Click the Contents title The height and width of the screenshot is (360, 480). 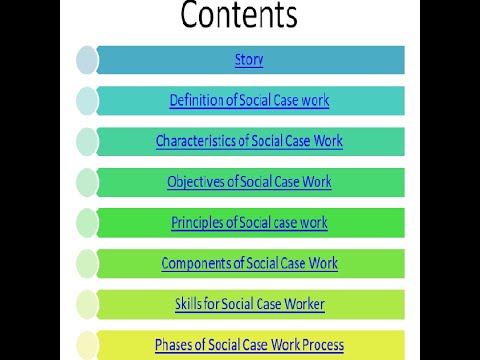pyautogui.click(x=239, y=17)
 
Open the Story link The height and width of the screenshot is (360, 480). pyautogui.click(x=249, y=60)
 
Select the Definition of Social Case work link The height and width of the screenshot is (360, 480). pyautogui.click(x=249, y=101)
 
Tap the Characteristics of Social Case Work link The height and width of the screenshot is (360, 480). pyautogui.click(x=249, y=141)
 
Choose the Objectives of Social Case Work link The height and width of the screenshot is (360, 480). pyautogui.click(x=249, y=182)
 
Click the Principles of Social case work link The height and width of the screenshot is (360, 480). pyautogui.click(x=249, y=222)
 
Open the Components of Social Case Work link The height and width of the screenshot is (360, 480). pyautogui.click(x=249, y=263)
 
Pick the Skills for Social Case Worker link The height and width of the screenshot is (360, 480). pyautogui.click(x=249, y=304)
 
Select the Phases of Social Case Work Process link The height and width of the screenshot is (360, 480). pyautogui.click(x=249, y=345)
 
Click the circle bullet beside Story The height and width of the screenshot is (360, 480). pyautogui.click(x=88, y=60)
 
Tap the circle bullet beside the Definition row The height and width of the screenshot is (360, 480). pyautogui.click(x=88, y=101)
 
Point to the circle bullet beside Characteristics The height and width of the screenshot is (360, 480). pyautogui.click(x=88, y=141)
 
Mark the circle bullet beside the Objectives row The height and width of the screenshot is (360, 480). pyautogui.click(x=88, y=182)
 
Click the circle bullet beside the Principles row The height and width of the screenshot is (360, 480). pyautogui.click(x=88, y=223)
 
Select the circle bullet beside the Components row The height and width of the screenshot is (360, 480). pyautogui.click(x=88, y=263)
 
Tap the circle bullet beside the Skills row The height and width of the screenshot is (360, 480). pyautogui.click(x=88, y=304)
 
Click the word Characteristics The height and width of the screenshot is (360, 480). pyautogui.click(x=188, y=141)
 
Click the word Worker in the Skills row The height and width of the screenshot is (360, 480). pyautogui.click(x=303, y=304)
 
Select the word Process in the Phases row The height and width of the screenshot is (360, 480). pyautogui.click(x=322, y=345)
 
